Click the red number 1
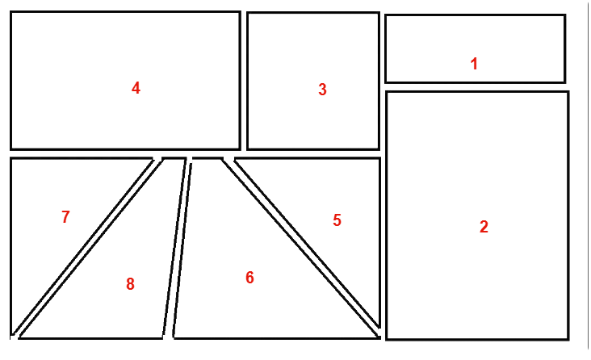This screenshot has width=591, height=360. (x=474, y=64)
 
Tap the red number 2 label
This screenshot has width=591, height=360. (x=484, y=227)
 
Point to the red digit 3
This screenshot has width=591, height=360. (x=322, y=90)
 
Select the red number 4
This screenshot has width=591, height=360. (x=136, y=88)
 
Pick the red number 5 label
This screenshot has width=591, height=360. (x=337, y=220)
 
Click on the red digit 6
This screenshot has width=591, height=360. (x=250, y=278)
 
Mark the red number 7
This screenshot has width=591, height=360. (x=65, y=217)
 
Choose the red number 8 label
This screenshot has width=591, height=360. (x=130, y=284)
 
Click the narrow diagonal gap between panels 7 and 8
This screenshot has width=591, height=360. (x=86, y=247)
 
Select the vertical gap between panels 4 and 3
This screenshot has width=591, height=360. (x=244, y=81)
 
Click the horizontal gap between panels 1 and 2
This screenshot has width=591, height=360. (x=476, y=87)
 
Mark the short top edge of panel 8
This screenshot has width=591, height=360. (x=174, y=159)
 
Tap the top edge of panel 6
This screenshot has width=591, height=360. (x=207, y=159)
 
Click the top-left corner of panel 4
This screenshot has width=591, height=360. (x=11, y=12)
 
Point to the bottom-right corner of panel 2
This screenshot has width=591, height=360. (x=568, y=339)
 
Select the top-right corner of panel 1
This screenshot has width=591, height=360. (x=565, y=15)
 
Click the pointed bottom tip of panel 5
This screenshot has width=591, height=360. (x=379, y=327)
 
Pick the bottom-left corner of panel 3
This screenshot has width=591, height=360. (x=248, y=149)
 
